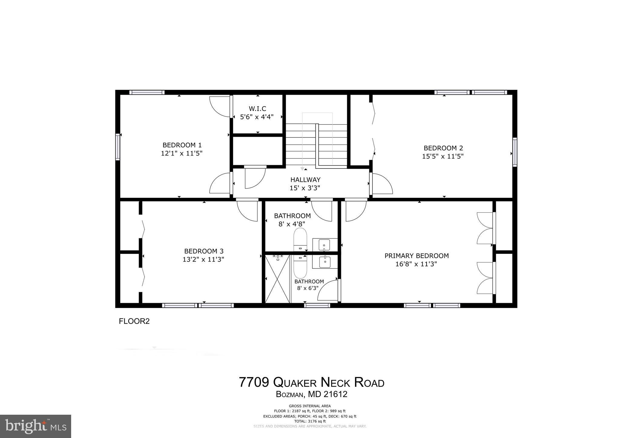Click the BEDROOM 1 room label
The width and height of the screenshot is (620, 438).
pos(182,145)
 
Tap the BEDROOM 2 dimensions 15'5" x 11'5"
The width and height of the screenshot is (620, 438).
pos(443,156)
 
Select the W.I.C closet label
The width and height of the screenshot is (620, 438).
pos(257,109)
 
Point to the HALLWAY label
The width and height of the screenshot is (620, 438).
pos(305,180)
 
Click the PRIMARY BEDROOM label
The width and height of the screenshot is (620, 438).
pos(417,256)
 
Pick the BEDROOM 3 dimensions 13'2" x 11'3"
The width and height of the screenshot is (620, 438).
pos(203,259)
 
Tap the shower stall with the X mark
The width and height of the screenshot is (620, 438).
pos(277,279)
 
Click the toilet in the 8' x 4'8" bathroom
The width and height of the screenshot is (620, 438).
pos(300,239)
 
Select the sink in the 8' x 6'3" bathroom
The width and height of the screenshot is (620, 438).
pos(325,261)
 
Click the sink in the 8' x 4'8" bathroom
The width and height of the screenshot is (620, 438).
pos(325,244)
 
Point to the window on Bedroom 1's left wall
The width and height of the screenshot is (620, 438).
pos(118,147)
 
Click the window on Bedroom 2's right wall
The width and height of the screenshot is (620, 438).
pos(515,152)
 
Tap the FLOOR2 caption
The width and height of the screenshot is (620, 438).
pos(134,321)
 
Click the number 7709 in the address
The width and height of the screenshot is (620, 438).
pos(254,382)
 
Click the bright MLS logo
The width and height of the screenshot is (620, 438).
pos(35,426)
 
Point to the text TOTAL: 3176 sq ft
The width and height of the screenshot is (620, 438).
pos(310,421)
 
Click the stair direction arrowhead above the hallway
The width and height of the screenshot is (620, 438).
pos(302,168)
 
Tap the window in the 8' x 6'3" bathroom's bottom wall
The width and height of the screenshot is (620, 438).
pos(317,306)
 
